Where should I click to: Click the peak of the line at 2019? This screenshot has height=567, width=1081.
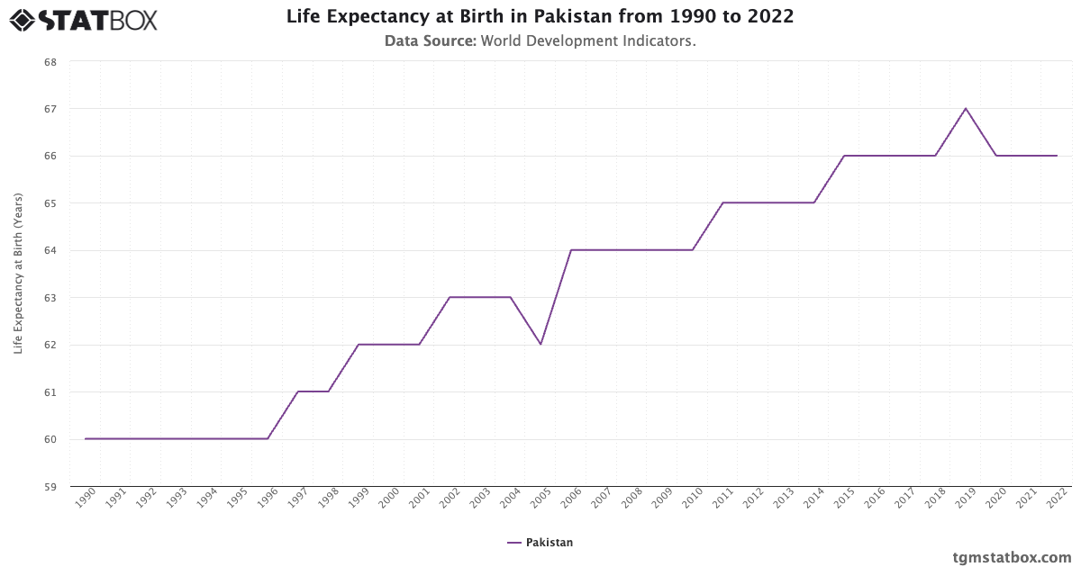[x=966, y=108]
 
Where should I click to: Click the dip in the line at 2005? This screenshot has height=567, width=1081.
[x=540, y=345]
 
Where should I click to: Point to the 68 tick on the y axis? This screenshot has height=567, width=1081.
[x=50, y=62]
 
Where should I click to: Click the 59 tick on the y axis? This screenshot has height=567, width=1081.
[x=50, y=487]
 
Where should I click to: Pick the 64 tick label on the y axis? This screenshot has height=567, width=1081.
[x=50, y=250]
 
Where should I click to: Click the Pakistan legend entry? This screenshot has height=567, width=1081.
[x=540, y=543]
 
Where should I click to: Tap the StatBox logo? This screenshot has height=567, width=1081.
[x=84, y=19]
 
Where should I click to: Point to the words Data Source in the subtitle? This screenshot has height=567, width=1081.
[x=430, y=41]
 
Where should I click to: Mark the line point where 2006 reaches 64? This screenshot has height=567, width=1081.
[x=571, y=250]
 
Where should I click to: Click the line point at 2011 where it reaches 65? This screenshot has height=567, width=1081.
[x=723, y=202]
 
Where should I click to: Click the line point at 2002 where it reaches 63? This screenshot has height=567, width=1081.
[x=450, y=297]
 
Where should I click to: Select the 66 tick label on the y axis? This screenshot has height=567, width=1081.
[x=50, y=156]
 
